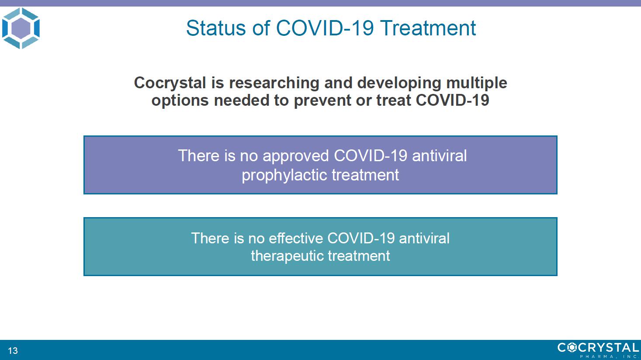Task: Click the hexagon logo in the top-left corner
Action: (x=21, y=28)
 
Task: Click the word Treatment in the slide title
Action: (x=428, y=28)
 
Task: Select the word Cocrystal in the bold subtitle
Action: (x=170, y=83)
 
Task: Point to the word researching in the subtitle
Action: (x=274, y=83)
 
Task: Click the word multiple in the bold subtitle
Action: (x=476, y=83)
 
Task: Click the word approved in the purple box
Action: (x=296, y=156)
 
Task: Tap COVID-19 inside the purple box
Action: (x=371, y=156)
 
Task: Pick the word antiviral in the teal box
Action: (x=424, y=238)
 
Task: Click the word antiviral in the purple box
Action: (x=440, y=156)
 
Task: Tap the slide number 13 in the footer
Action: (x=13, y=350)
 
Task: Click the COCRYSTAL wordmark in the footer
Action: (x=598, y=347)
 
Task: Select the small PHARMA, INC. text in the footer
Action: (x=609, y=357)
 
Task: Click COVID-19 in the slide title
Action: (x=325, y=28)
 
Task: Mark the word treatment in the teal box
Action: (x=359, y=256)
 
